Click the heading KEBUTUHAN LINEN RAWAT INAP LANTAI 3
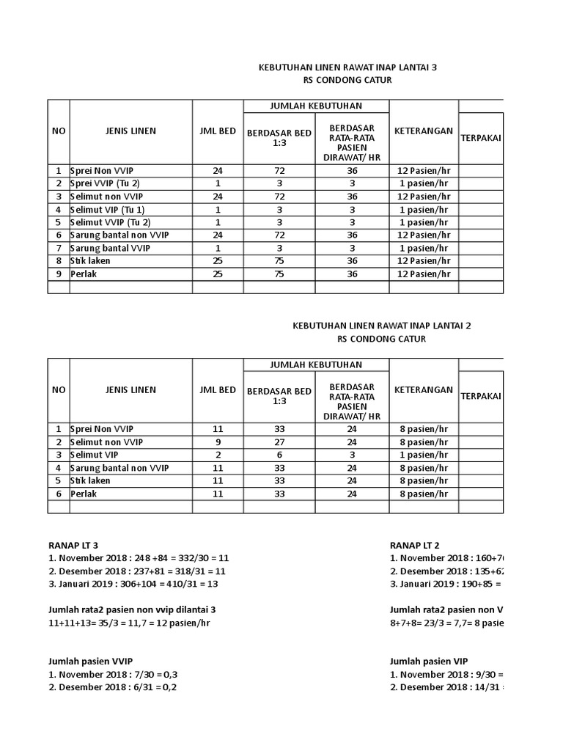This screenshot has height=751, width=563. (347, 67)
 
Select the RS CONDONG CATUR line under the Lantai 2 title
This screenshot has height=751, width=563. (380, 339)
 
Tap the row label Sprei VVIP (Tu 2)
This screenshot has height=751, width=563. (105, 183)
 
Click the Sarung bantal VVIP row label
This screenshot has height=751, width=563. (110, 248)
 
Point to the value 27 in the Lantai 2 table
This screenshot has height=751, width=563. (279, 442)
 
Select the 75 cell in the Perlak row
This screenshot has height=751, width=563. (279, 274)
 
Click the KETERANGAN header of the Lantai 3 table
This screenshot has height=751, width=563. (423, 131)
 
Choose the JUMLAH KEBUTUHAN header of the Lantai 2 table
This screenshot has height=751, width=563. (315, 364)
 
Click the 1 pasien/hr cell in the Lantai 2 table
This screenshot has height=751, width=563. (423, 455)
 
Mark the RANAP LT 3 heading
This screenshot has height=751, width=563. (73, 545)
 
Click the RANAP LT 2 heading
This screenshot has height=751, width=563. (414, 545)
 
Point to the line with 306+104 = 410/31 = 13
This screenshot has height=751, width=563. (133, 584)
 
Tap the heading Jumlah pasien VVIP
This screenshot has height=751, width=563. (90, 661)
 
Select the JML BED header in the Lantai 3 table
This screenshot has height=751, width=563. (218, 131)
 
